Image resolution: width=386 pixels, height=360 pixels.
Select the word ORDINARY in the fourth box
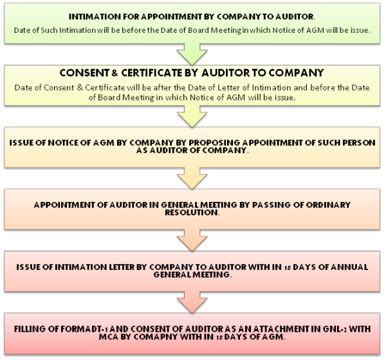[x=327, y=204]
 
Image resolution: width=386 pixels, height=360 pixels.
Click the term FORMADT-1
[x=85, y=328]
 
